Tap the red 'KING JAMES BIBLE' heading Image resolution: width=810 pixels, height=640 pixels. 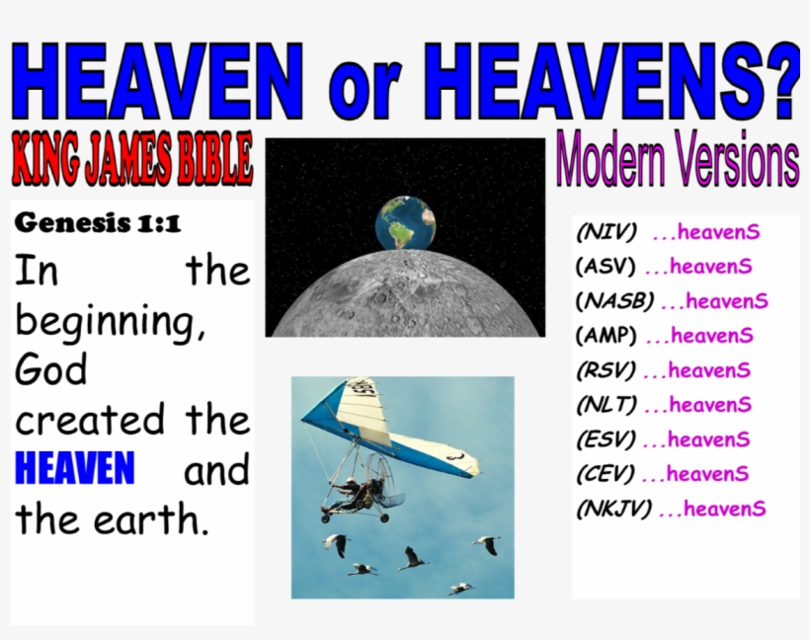132,161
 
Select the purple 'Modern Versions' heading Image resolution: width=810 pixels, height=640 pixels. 678,158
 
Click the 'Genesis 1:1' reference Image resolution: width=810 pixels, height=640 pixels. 98,223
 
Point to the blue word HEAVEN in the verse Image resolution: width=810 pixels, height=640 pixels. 75,469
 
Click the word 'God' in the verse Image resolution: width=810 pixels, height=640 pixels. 51,370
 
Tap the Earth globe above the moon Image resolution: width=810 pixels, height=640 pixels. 406,222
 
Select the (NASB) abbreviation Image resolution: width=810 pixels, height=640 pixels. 614,301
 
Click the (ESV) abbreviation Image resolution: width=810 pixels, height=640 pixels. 606,440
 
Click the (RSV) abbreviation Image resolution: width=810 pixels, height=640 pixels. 606,371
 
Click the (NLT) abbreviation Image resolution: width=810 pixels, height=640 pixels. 606,405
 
